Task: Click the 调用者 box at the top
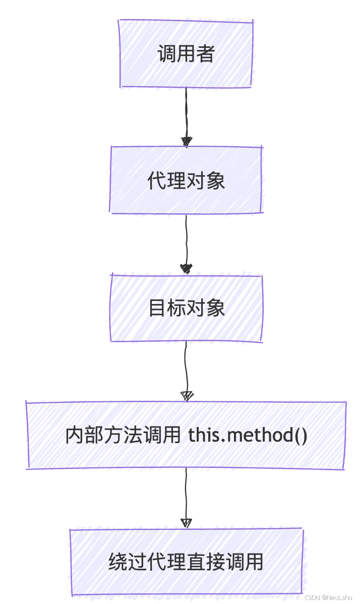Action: [186, 53]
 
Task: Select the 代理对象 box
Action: [186, 180]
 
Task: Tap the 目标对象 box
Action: [186, 308]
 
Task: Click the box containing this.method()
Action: [186, 435]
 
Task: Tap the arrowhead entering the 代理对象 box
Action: [187, 141]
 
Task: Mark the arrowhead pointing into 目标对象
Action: [187, 269]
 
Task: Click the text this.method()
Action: [248, 435]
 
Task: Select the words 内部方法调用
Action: [123, 436]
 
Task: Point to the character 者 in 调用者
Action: [205, 53]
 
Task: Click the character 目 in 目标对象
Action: [157, 308]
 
